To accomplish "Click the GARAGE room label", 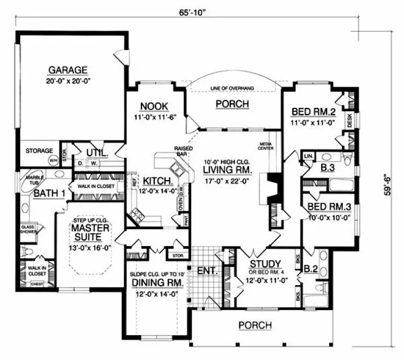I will click(68, 70).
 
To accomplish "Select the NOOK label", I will click(154, 106).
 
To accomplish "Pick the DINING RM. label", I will click(157, 283).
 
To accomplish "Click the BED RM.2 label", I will click(315, 112).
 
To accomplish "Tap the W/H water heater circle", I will click(54, 160).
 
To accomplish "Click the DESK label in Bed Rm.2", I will click(350, 120).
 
